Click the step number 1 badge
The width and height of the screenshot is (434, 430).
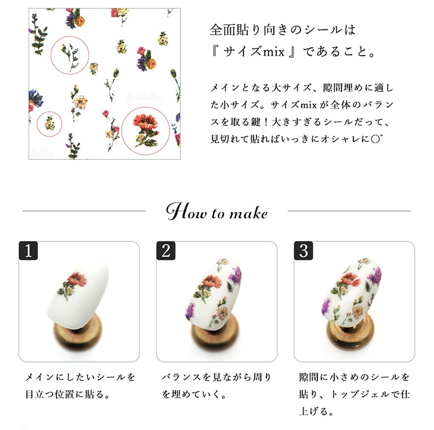click(x=28, y=250)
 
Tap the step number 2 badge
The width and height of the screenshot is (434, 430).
click(x=166, y=250)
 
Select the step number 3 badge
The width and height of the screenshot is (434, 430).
click(x=303, y=250)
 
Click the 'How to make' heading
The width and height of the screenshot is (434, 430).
click(x=217, y=212)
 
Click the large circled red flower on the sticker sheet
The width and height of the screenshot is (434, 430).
click(x=146, y=131)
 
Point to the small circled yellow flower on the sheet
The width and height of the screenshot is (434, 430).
click(x=50, y=123)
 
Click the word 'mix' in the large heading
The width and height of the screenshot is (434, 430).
click(x=273, y=52)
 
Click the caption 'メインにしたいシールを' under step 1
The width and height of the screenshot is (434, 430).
click(x=80, y=377)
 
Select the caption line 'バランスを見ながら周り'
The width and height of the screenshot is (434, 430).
click(x=216, y=377)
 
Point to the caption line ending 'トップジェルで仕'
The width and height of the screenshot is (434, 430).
click(x=355, y=394)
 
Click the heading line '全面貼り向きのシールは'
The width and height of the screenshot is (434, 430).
click(x=282, y=30)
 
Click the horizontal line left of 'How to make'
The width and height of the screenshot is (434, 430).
click(x=84, y=211)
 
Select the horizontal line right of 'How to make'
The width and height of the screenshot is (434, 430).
click(x=349, y=211)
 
